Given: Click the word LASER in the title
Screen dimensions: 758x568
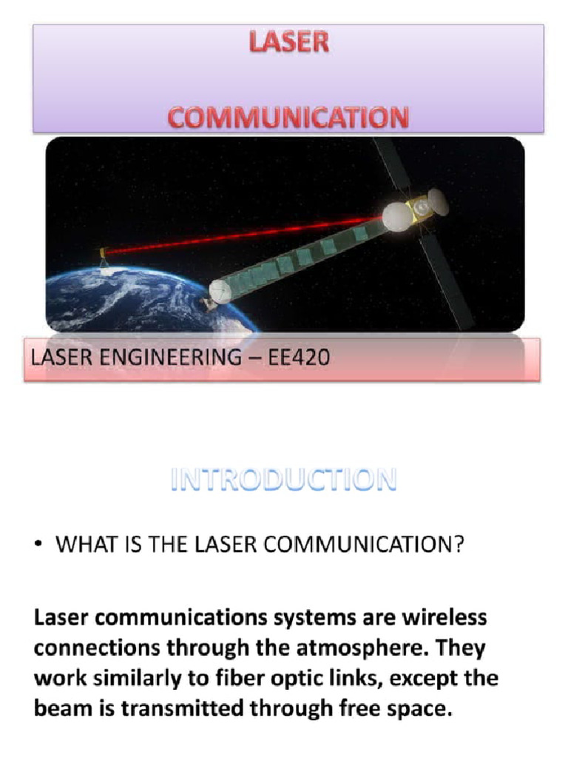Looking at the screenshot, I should click(x=288, y=43).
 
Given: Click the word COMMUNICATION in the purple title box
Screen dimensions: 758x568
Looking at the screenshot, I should click(x=288, y=118).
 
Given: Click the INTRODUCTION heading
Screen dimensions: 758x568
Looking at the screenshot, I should click(x=284, y=480).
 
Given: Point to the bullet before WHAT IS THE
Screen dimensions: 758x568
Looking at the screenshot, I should click(x=37, y=546).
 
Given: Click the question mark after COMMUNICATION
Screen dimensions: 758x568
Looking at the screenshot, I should click(x=459, y=546).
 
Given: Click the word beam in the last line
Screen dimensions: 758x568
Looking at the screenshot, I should click(x=58, y=708).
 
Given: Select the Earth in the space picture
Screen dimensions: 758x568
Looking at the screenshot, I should click(x=133, y=300).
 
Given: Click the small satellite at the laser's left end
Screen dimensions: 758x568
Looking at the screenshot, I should click(x=104, y=254).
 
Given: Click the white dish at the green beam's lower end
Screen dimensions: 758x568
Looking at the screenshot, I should click(x=221, y=292).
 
